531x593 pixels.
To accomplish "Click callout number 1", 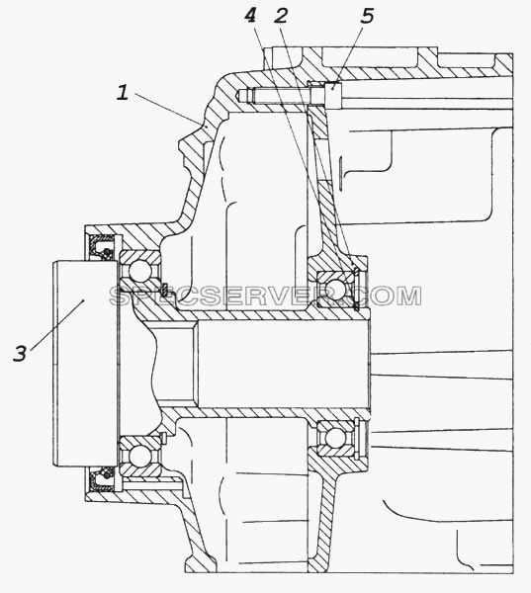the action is (123, 93).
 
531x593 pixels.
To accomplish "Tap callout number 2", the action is (281, 16).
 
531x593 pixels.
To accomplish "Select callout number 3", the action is (20, 354).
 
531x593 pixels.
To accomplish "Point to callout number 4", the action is (250, 16).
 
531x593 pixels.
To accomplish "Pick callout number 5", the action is (367, 16).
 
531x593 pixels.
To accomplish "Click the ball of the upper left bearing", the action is (140, 271).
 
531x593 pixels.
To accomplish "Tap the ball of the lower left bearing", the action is (140, 456).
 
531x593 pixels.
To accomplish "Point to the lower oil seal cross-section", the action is (102, 478).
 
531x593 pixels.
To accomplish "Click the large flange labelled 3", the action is (85, 363).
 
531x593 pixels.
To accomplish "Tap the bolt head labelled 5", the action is (333, 96).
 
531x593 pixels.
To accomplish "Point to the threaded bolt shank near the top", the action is (281, 95).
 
